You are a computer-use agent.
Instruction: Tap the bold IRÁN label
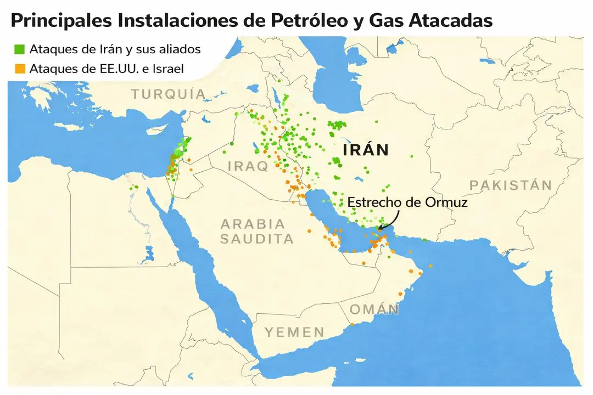click(x=365, y=150)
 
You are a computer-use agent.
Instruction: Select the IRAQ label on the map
click(x=248, y=166)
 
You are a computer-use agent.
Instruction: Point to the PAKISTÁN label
click(x=510, y=185)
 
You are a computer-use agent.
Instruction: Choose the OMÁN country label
click(x=374, y=309)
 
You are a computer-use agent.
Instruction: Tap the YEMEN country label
click(x=294, y=332)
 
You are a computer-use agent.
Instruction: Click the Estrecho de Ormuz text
click(x=407, y=202)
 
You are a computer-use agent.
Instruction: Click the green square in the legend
click(x=20, y=49)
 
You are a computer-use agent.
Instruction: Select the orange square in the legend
click(x=20, y=69)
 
